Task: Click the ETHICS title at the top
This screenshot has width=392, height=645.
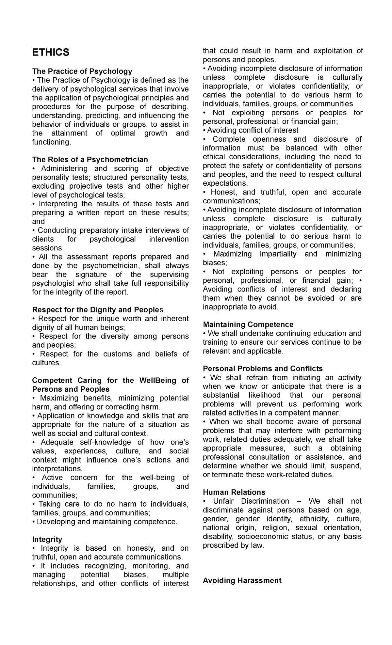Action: click(51, 52)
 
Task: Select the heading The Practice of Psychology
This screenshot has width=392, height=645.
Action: click(82, 71)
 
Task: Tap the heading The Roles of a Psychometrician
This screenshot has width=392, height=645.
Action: click(90, 159)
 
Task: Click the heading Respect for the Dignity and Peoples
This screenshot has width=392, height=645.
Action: click(97, 309)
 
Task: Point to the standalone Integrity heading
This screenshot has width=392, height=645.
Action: click(47, 539)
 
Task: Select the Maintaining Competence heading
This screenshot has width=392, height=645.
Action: click(248, 324)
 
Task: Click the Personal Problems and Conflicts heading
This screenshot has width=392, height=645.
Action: click(263, 369)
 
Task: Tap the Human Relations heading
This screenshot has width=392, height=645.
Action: click(234, 492)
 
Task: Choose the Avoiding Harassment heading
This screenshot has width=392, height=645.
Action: click(242, 580)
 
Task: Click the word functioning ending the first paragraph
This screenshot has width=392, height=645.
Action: click(51, 142)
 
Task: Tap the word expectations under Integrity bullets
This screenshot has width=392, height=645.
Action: click(225, 183)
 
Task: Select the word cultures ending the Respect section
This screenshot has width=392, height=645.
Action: click(46, 363)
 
